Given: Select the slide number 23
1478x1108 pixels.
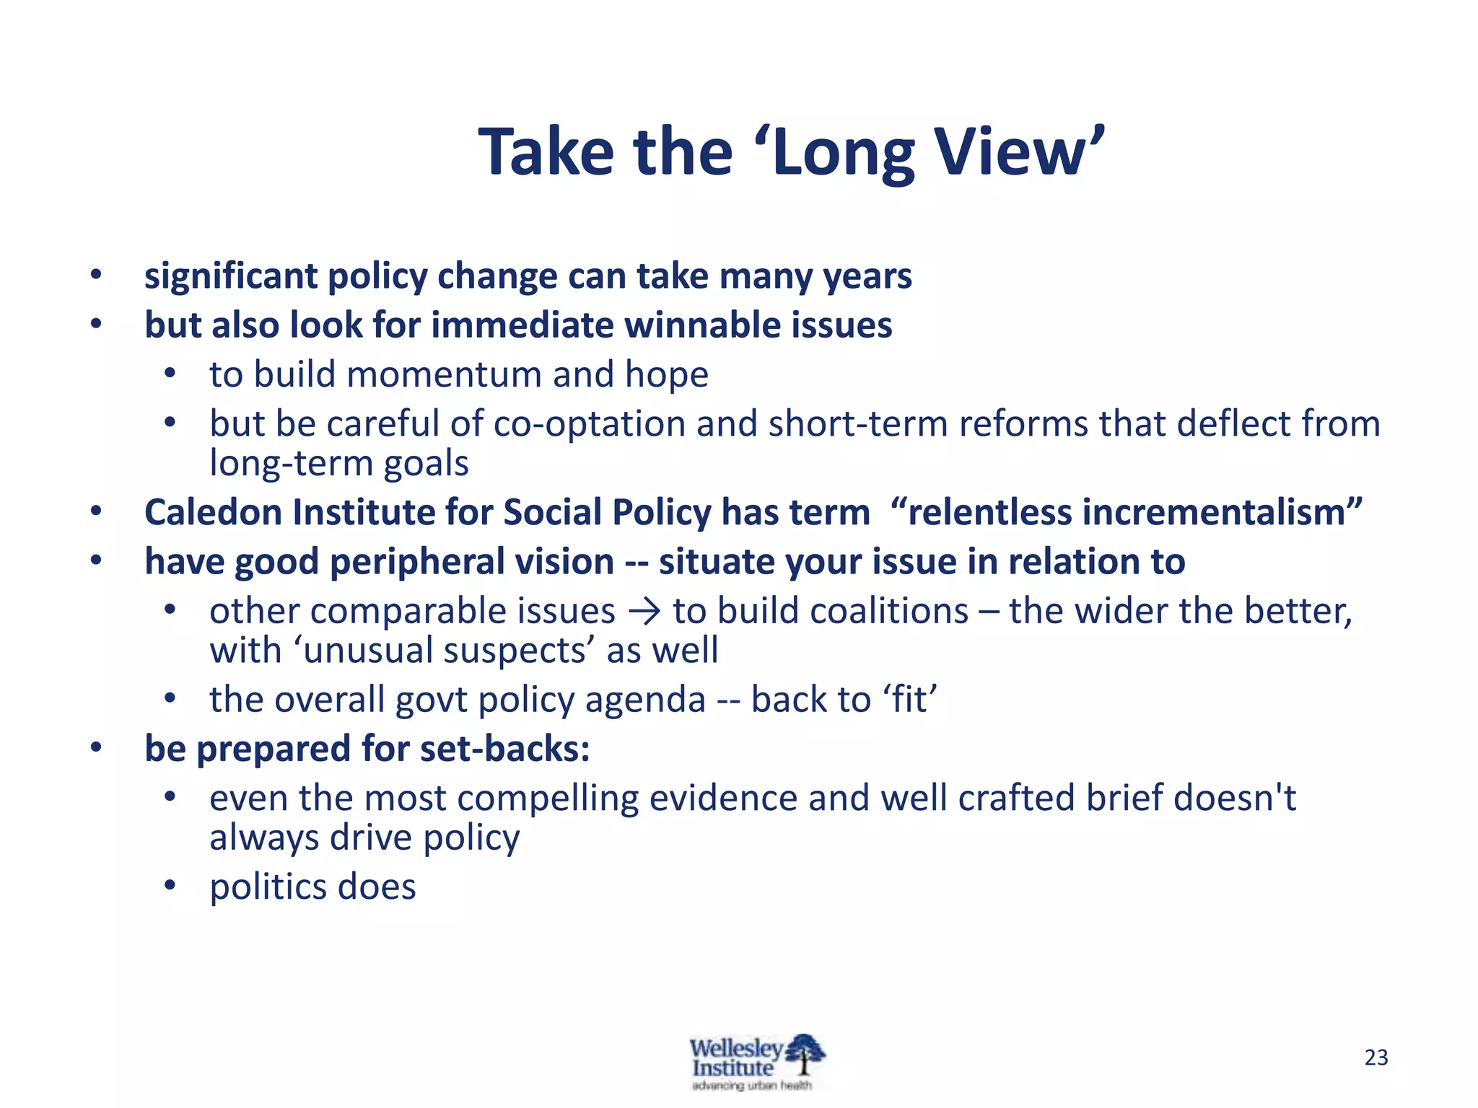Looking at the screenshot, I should pyautogui.click(x=1376, y=1058).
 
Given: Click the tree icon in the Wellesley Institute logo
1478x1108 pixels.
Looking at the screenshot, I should pyautogui.click(x=805, y=1055).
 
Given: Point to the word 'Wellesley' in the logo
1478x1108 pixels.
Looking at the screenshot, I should pyautogui.click(x=735, y=1048).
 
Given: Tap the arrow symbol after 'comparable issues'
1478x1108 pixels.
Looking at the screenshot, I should pyautogui.click(x=644, y=612).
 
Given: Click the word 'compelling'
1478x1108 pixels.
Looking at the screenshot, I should pyautogui.click(x=548, y=799).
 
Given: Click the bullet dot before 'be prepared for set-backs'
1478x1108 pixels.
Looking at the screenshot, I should pyautogui.click(x=96, y=749).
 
